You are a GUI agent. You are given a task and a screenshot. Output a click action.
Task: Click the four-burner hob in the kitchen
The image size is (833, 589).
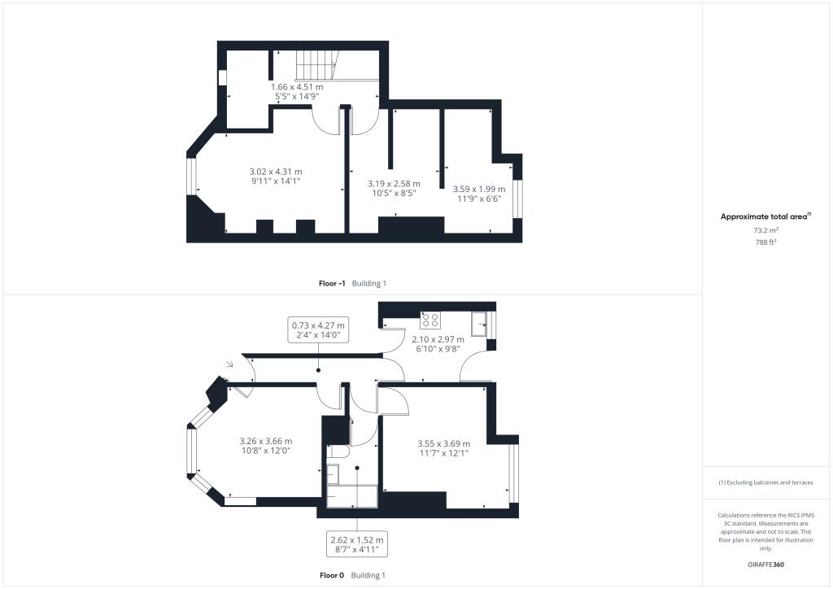[430, 319]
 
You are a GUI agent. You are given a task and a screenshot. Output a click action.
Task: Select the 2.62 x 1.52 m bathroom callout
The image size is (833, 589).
[356, 545]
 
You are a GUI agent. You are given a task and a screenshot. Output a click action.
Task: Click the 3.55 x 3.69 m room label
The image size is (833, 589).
[443, 448]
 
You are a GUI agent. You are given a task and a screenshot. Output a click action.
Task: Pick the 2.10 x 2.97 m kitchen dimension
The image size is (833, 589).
[438, 343]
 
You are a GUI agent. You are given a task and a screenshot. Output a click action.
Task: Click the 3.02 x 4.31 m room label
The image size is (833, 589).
[275, 177]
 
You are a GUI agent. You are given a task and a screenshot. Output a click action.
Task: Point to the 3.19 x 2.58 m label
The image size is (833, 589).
[394, 190]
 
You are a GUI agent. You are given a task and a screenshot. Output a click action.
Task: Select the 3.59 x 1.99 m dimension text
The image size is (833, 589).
[477, 193]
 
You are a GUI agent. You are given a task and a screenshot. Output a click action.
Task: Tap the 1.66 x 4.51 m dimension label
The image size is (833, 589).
[297, 91]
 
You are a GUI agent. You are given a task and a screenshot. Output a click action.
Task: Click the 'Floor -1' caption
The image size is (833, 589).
[332, 283]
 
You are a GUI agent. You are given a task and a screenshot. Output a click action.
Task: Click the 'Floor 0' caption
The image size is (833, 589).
[332, 575]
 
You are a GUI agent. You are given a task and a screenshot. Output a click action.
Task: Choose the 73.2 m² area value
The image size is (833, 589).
[764, 230]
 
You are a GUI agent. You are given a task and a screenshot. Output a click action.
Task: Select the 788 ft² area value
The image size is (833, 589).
[764, 242]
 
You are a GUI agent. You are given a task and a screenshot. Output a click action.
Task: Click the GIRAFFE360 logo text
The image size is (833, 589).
[765, 564]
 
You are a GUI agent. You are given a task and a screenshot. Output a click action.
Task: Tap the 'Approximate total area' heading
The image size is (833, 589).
[763, 216]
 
